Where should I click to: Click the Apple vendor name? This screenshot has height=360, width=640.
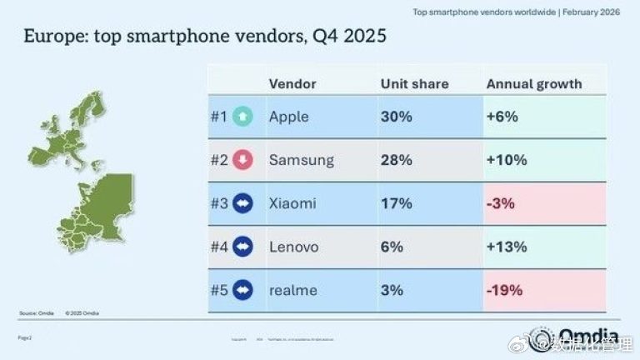point(289,117)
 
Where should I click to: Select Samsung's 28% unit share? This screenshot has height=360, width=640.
point(397,160)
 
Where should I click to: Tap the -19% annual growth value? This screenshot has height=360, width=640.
point(504,290)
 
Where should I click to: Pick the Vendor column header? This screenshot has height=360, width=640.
point(292,84)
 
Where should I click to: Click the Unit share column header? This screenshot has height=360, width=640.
point(414,84)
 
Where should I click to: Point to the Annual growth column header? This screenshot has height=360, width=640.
point(533,84)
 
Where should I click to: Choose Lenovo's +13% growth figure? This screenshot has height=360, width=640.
point(506,247)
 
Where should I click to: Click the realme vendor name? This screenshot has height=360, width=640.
point(292,290)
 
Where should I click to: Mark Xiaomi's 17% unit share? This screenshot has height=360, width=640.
point(396,203)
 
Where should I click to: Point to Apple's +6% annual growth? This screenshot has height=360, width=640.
point(502,117)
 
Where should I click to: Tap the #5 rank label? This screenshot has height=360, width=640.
point(219,290)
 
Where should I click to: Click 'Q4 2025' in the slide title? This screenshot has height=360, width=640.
point(345,37)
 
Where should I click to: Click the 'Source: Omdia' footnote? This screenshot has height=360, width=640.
point(36,313)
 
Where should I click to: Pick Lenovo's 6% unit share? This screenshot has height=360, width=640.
point(392,247)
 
